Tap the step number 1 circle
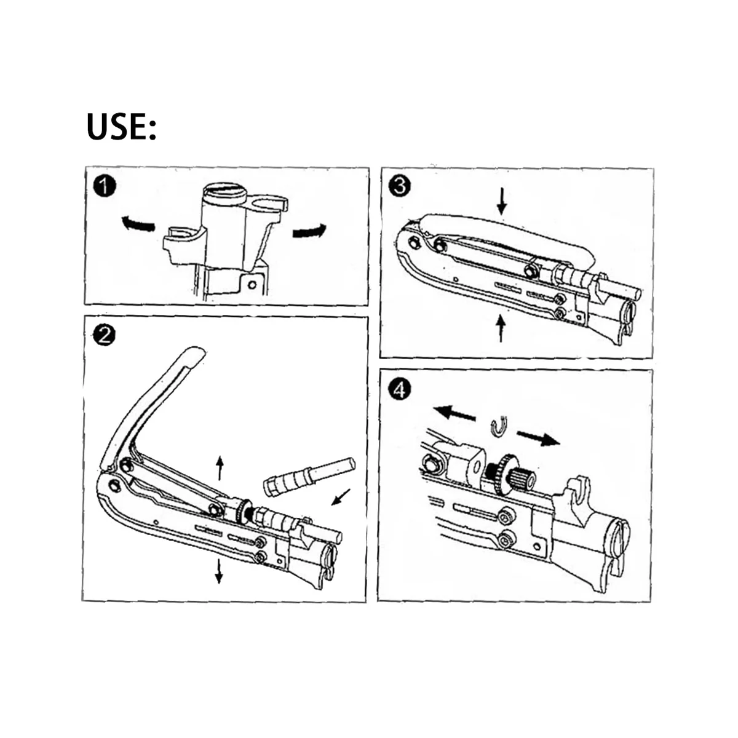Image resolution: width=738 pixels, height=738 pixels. click(106, 186)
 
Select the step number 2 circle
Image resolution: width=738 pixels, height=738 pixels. click(105, 335)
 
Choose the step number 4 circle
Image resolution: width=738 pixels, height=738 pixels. click(400, 389)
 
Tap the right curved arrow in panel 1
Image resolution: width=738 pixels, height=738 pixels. click(308, 231)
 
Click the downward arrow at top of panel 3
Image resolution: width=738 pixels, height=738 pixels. click(502, 201)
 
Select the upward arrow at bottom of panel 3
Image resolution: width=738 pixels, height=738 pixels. click(501, 327)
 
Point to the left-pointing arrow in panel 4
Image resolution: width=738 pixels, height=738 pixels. click(454, 413)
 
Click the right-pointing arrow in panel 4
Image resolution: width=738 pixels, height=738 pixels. click(538, 437)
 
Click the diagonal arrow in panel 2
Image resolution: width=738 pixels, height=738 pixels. click(341, 496)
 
